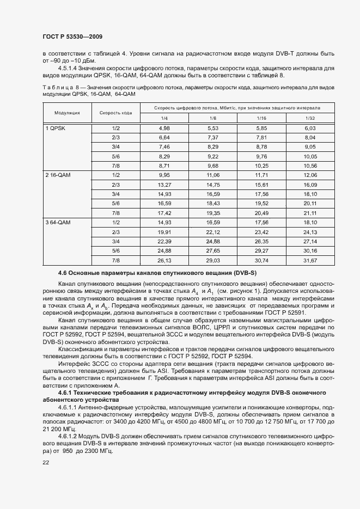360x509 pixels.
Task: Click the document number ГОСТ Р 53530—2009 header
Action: click(72, 36)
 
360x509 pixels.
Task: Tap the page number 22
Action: click(45, 462)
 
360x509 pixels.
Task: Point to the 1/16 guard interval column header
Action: click(261, 118)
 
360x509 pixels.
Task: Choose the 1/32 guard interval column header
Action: click(310, 118)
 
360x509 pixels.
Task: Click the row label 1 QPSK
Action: click(54, 128)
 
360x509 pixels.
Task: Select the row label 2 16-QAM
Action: click(57, 175)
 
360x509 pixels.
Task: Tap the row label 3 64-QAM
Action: click(57, 222)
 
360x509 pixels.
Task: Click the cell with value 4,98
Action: click(164, 128)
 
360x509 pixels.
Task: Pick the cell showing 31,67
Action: click(310, 260)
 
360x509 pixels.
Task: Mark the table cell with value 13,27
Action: click(164, 185)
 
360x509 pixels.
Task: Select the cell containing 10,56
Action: click(310, 165)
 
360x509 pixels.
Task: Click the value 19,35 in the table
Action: click(213, 213)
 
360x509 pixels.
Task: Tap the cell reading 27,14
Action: click(310, 241)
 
